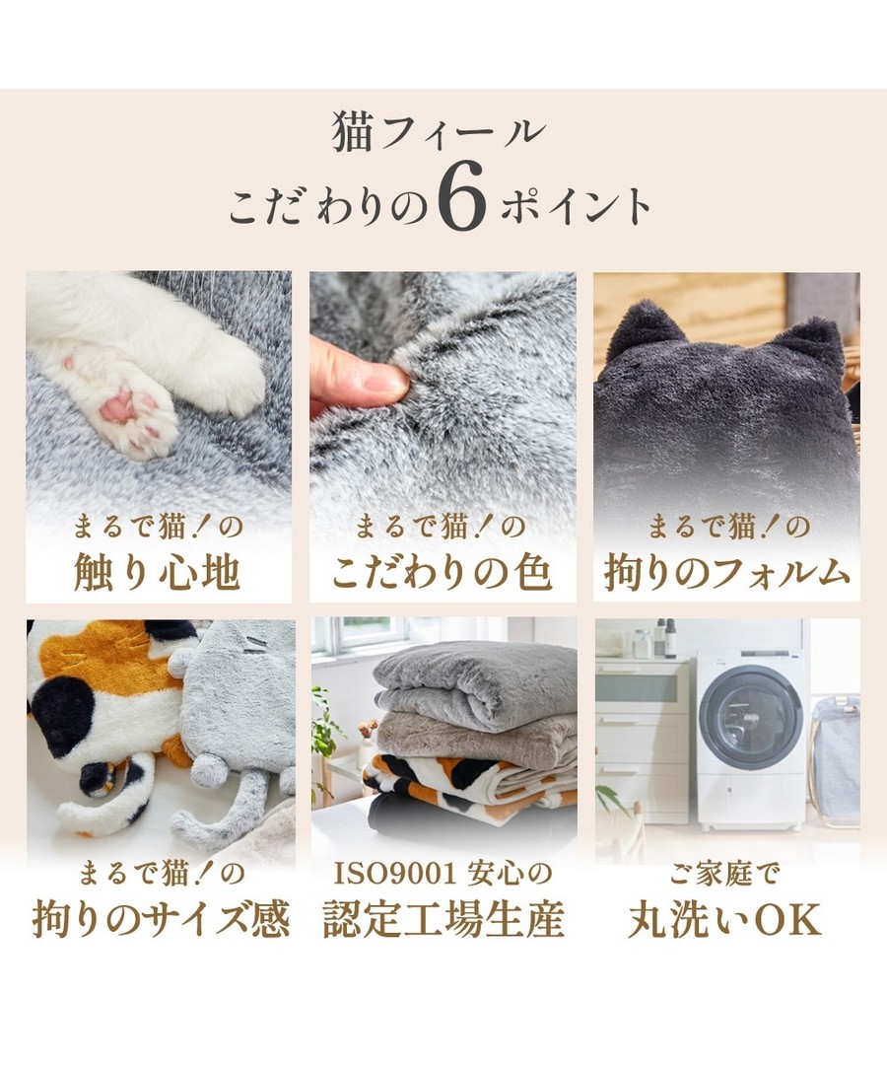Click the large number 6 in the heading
point(461,199)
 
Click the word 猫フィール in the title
point(439,132)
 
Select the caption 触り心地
point(157,572)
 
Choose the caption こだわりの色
point(442,572)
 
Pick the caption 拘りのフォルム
point(726,572)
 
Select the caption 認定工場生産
point(443,918)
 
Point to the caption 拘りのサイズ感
point(161,918)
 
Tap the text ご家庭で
point(723,874)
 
